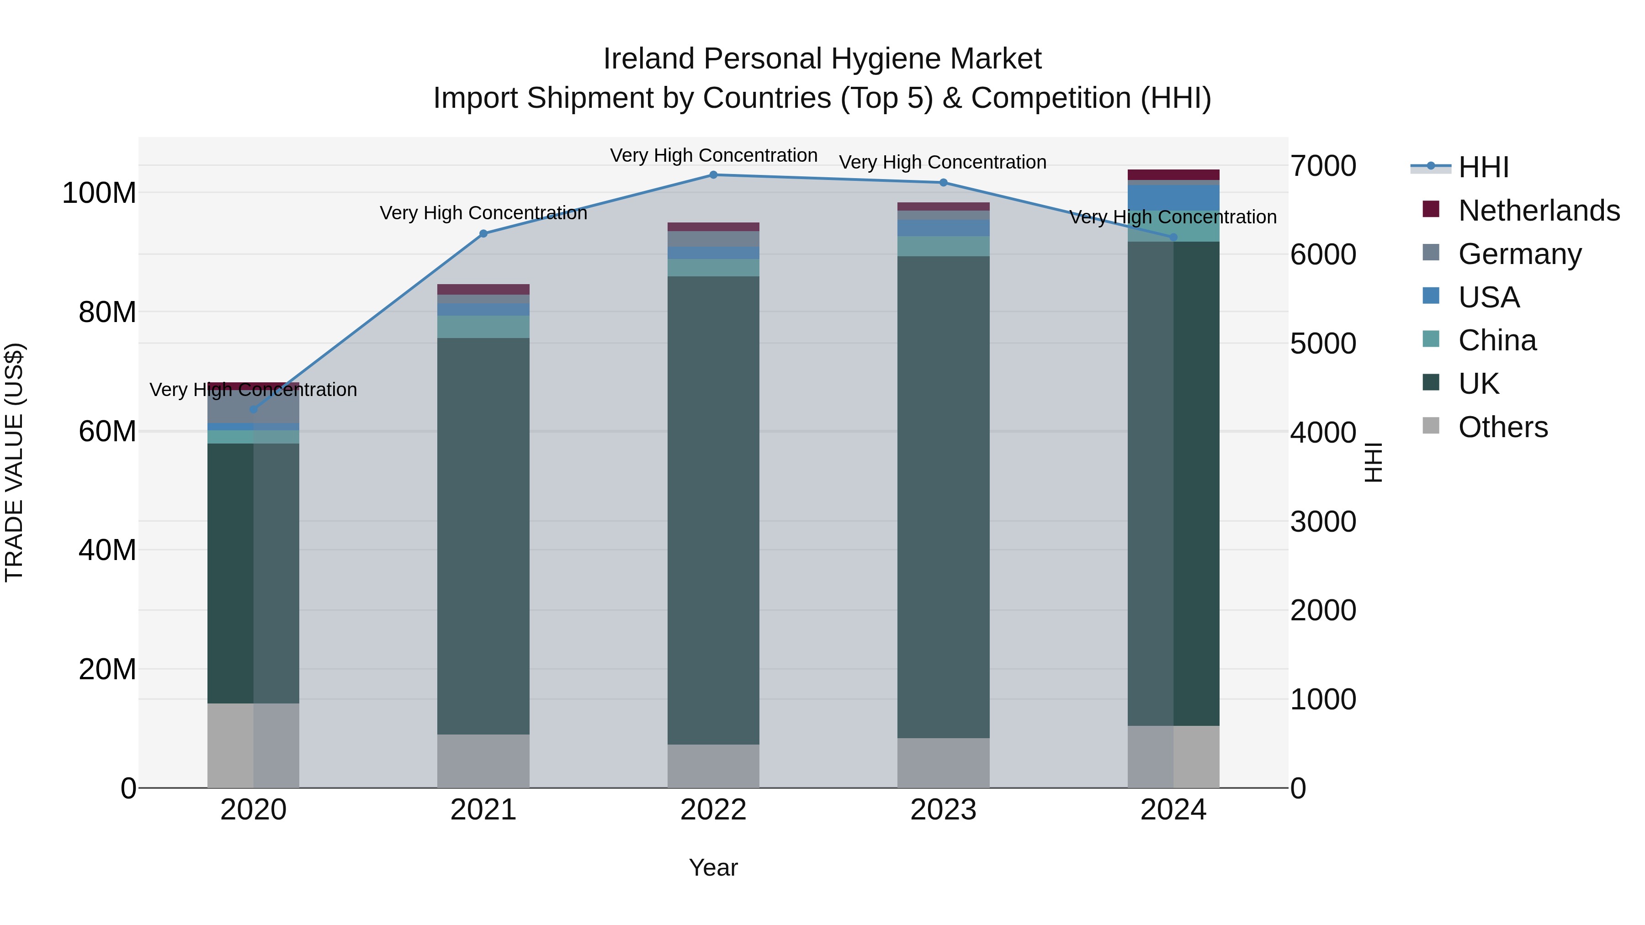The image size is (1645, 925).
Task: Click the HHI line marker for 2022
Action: pos(713,175)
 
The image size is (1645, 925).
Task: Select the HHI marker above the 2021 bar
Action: pos(483,233)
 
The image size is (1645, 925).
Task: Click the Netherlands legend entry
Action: pos(1539,211)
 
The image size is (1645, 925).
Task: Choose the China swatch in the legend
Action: pos(1431,339)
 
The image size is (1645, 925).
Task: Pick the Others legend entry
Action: pos(1502,427)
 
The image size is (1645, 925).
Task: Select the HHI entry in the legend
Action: pos(1483,167)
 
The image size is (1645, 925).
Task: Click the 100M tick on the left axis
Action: pos(99,193)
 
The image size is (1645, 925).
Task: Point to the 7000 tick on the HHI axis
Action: pos(1322,166)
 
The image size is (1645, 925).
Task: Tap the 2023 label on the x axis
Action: pos(943,810)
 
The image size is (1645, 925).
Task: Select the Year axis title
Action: pos(713,867)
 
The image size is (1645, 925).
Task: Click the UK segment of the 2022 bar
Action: pos(713,511)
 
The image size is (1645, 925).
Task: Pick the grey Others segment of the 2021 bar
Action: pos(483,761)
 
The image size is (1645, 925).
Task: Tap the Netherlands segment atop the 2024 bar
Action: pos(1173,175)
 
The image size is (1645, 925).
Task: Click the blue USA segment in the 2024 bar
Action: pos(1173,198)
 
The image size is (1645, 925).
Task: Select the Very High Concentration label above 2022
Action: pos(713,156)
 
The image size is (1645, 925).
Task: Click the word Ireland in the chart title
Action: pos(648,59)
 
